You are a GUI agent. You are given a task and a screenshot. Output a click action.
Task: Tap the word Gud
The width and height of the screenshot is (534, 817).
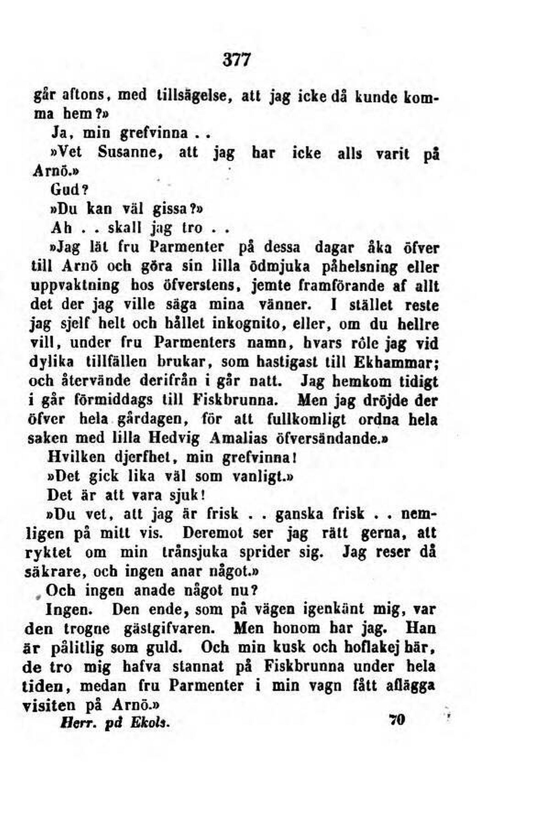[x=70, y=190]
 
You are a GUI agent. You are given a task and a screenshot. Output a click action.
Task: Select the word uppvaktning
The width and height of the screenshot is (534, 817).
[x=75, y=285]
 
